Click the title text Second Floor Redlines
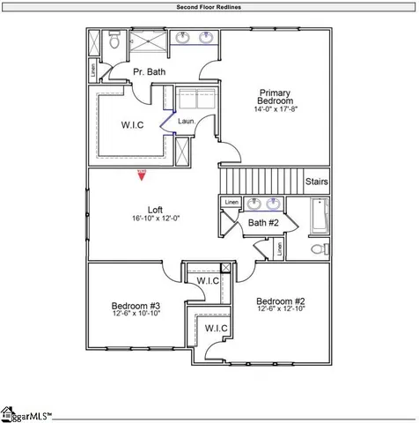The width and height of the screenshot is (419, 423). pyautogui.click(x=209, y=6)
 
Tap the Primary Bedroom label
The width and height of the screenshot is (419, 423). pyautogui.click(x=275, y=97)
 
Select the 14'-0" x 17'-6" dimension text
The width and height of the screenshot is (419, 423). pyautogui.click(x=275, y=110)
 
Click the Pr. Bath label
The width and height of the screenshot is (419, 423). pyautogui.click(x=150, y=71)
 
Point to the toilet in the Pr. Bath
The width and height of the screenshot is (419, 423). pyautogui.click(x=114, y=41)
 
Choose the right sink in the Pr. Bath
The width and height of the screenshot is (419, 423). pyautogui.click(x=207, y=38)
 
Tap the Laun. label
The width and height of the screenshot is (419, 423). pyautogui.click(x=186, y=121)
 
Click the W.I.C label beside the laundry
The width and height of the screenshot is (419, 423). pyautogui.click(x=133, y=125)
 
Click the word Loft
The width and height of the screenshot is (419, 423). pyautogui.click(x=154, y=210)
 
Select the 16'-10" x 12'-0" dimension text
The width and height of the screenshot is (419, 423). pyautogui.click(x=155, y=219)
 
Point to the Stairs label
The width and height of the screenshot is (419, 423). pyautogui.click(x=316, y=182)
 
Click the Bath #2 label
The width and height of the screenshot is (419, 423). pyautogui.click(x=263, y=224)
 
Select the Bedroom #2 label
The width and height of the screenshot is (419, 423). pyautogui.click(x=281, y=301)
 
